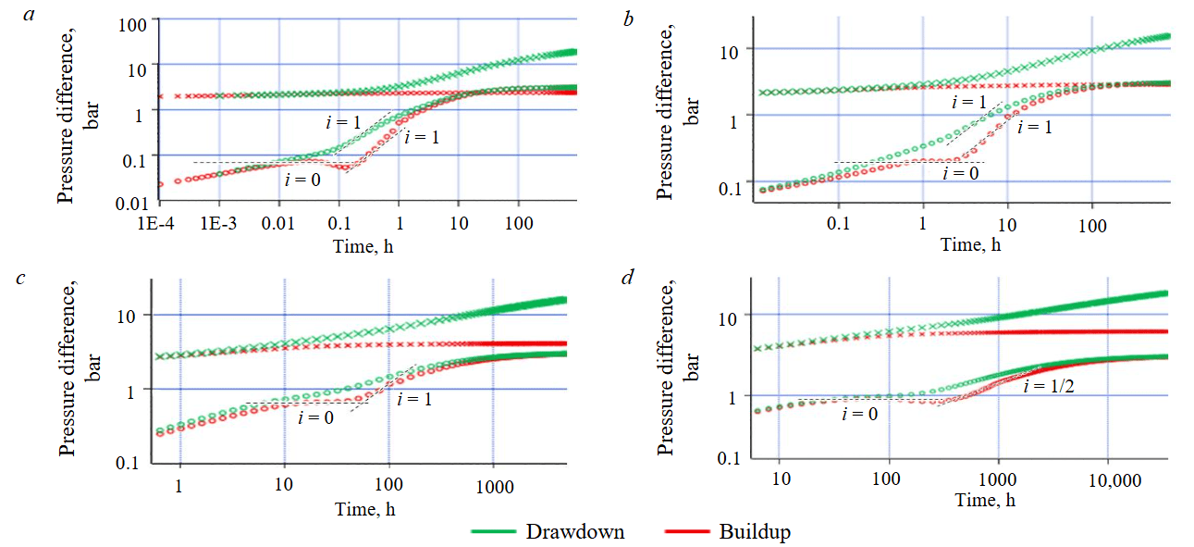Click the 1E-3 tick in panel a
click(219, 225)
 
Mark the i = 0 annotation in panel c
click(315, 417)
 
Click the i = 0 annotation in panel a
click(302, 179)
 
